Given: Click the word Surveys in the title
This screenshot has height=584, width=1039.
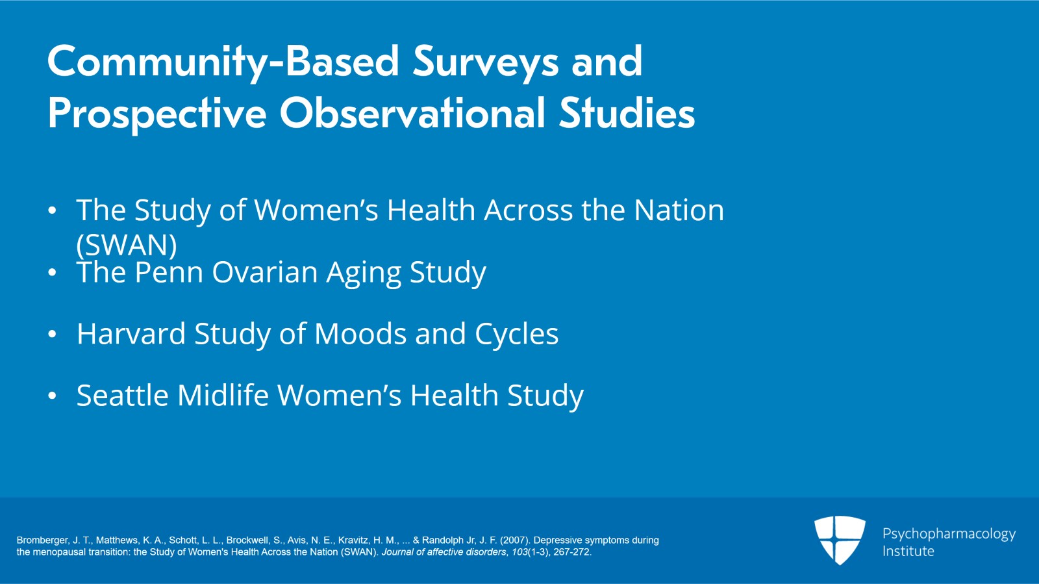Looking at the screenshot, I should (485, 62).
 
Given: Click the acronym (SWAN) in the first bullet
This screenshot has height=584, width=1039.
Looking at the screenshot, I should (127, 245).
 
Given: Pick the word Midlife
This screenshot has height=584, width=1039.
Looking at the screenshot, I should (223, 396).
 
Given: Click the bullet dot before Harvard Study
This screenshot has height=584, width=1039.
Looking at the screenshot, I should (53, 335).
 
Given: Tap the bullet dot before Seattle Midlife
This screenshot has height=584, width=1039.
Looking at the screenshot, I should (53, 396).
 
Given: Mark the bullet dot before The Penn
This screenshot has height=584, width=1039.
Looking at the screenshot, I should (53, 273).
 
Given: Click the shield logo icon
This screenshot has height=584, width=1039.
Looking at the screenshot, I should (840, 540).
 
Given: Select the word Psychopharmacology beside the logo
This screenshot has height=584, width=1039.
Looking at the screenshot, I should (949, 534).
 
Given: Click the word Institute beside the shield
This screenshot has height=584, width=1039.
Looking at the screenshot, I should (908, 552).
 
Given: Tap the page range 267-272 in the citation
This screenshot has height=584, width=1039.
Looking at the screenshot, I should (571, 552).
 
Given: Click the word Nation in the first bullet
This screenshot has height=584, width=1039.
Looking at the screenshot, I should (679, 210).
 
